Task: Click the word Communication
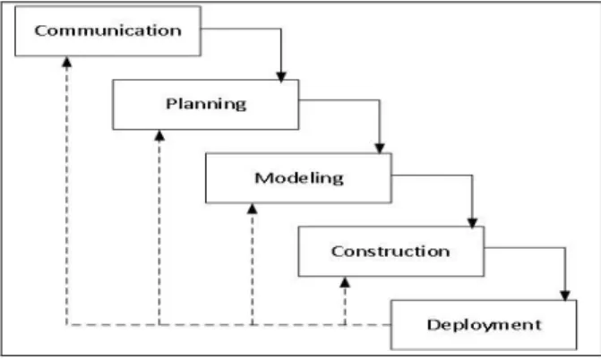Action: (x=108, y=30)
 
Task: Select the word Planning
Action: (x=206, y=104)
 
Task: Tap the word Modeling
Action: (x=299, y=178)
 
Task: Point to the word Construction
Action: (x=391, y=251)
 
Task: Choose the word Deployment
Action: (x=484, y=325)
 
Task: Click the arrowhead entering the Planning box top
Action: (x=281, y=77)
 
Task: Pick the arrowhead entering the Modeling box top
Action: (x=380, y=149)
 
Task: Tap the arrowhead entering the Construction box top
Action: (x=472, y=223)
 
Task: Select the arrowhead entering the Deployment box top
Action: (x=565, y=296)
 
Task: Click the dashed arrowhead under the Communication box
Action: (x=67, y=62)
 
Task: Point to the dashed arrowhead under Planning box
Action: (x=159, y=135)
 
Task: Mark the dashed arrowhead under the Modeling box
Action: (x=253, y=209)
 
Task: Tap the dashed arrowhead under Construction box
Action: (x=345, y=283)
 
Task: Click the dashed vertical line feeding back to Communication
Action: (x=67, y=195)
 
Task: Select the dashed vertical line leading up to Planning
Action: (x=159, y=232)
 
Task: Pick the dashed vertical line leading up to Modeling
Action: (x=253, y=270)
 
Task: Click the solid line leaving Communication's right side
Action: (x=281, y=30)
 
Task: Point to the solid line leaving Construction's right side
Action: (x=565, y=248)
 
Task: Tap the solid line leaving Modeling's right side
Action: (x=472, y=176)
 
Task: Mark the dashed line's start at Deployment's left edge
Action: (x=391, y=325)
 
